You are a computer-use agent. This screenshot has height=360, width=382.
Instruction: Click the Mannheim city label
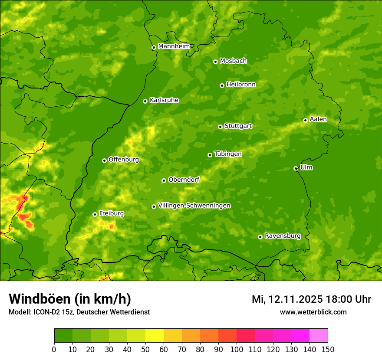coord(174,46)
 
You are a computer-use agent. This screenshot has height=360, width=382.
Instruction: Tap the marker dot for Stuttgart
coord(220,127)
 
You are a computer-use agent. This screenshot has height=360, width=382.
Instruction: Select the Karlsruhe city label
coord(164,100)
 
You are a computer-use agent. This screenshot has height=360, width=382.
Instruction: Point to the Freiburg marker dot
coord(95,214)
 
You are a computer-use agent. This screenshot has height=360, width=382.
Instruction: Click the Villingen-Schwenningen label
coord(194,206)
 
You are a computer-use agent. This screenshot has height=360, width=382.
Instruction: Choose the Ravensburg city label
coord(283,236)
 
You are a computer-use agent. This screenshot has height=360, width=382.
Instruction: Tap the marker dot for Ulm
coord(296,168)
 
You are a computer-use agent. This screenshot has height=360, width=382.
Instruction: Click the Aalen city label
coord(318,119)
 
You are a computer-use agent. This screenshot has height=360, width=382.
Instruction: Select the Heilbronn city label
coord(241,85)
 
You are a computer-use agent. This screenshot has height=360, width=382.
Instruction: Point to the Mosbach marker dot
coord(215,62)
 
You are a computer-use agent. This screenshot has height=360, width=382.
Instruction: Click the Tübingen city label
coord(228,154)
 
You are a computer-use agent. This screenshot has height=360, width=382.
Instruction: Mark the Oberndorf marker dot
coord(164,180)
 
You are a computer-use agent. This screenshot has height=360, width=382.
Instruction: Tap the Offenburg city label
coord(124,160)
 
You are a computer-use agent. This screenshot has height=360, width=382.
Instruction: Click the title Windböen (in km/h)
coord(70,299)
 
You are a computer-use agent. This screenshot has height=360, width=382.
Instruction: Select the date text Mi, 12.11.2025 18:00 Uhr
coord(311,299)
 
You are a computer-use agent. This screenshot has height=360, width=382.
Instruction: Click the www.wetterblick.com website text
coord(313,312)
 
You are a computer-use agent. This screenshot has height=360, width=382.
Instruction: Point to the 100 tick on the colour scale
coord(237,350)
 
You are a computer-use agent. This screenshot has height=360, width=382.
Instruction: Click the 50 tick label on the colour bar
coord(145,350)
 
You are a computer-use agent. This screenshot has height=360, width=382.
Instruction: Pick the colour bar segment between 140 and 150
coord(319,336)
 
